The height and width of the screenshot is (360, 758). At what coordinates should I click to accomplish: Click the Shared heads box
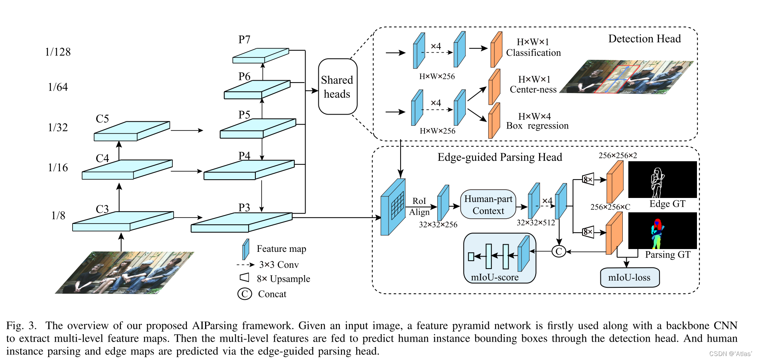[337, 87]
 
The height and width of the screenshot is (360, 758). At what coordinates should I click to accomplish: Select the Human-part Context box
[488, 205]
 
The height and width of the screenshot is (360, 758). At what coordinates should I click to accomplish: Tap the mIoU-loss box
[629, 277]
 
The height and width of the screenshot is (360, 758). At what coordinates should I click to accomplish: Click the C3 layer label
[102, 209]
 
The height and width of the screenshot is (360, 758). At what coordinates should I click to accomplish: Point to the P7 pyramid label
[244, 40]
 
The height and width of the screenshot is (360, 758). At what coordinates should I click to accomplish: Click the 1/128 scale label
[58, 52]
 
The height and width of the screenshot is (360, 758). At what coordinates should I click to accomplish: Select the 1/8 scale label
[58, 216]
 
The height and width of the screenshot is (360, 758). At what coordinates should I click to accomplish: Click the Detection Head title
[644, 39]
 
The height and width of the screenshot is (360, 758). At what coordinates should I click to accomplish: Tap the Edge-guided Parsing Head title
[499, 157]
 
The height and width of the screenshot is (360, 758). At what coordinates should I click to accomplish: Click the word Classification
[533, 53]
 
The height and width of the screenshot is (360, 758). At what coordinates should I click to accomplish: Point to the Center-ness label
[533, 89]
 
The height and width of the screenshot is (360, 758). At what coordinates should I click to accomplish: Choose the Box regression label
[537, 126]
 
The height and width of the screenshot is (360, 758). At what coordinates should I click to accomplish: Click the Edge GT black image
[662, 180]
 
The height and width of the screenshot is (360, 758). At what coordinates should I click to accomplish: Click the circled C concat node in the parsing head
[559, 251]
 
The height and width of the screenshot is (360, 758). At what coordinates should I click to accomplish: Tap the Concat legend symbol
[245, 294]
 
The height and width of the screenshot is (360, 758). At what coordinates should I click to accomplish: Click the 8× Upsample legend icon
[244, 277]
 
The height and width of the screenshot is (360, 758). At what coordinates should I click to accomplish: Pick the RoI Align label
[419, 206]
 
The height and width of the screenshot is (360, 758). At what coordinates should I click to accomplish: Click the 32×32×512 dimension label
[535, 223]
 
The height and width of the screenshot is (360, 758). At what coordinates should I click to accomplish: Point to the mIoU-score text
[495, 277]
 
